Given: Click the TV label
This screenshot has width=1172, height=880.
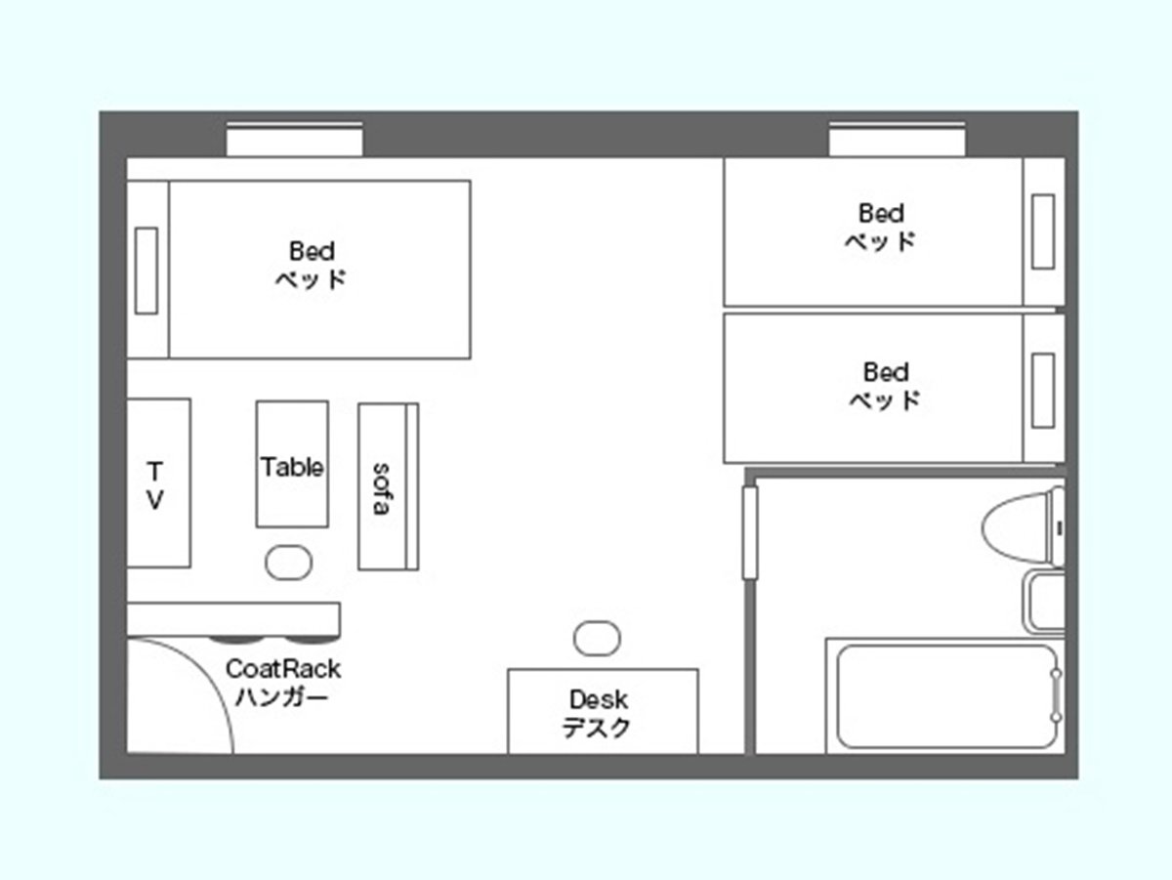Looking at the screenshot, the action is [x=155, y=485].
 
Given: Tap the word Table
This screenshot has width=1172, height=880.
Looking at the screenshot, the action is [x=292, y=467].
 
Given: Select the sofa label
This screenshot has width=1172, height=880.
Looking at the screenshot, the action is [x=382, y=488].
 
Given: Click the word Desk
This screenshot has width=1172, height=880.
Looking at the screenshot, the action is [x=599, y=699].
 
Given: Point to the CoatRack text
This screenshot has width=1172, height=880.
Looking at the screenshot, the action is [x=283, y=669].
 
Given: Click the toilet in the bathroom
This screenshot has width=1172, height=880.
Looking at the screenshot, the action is [x=1023, y=527].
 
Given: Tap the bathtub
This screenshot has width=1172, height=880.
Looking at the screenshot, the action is [x=945, y=696].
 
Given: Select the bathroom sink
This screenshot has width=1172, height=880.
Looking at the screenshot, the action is [x=1044, y=603].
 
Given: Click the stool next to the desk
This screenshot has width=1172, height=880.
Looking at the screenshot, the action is [x=597, y=638].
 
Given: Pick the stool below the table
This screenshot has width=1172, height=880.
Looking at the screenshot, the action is [x=289, y=563].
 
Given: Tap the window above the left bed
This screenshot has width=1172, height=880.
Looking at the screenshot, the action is [x=294, y=140].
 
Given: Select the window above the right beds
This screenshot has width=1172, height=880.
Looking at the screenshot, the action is [x=897, y=140].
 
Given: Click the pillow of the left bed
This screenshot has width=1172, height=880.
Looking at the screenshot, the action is [x=146, y=271].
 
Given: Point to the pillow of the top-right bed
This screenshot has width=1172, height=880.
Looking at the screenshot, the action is [x=1043, y=231].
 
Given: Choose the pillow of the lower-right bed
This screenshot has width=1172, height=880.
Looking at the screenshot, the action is [x=1043, y=391].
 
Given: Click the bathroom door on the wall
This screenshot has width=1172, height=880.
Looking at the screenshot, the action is [x=750, y=532].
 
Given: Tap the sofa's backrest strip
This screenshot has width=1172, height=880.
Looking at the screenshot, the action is [x=412, y=486].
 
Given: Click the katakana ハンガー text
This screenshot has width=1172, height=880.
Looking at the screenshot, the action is [x=282, y=696].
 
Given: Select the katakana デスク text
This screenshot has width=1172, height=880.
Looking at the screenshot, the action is [x=597, y=728].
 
